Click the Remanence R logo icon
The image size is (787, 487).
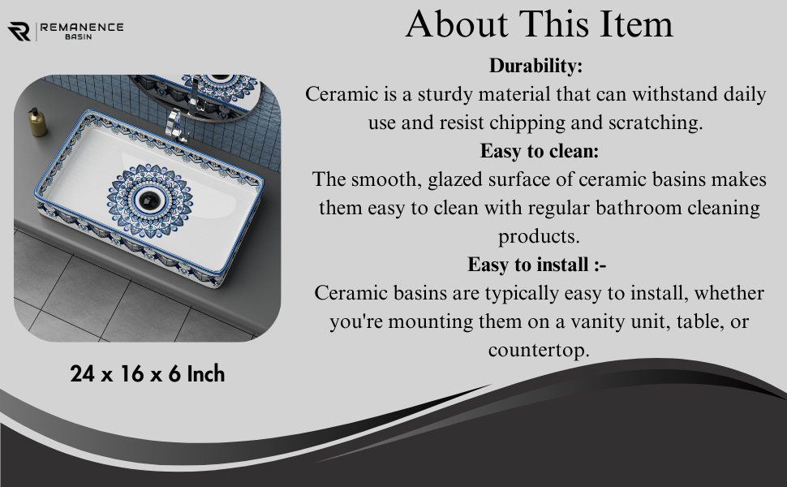point(19,31)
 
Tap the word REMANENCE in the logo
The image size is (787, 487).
point(82,27)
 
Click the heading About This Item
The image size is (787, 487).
point(539,24)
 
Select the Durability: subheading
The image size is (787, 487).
point(535,65)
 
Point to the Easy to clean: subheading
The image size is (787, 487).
point(539,151)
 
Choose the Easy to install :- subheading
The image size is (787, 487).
point(536,265)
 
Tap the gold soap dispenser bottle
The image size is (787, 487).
point(37,122)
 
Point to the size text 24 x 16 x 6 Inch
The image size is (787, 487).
point(147,374)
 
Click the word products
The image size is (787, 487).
point(539,236)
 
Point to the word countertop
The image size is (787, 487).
point(539,350)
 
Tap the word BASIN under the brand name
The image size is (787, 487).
point(79,37)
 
